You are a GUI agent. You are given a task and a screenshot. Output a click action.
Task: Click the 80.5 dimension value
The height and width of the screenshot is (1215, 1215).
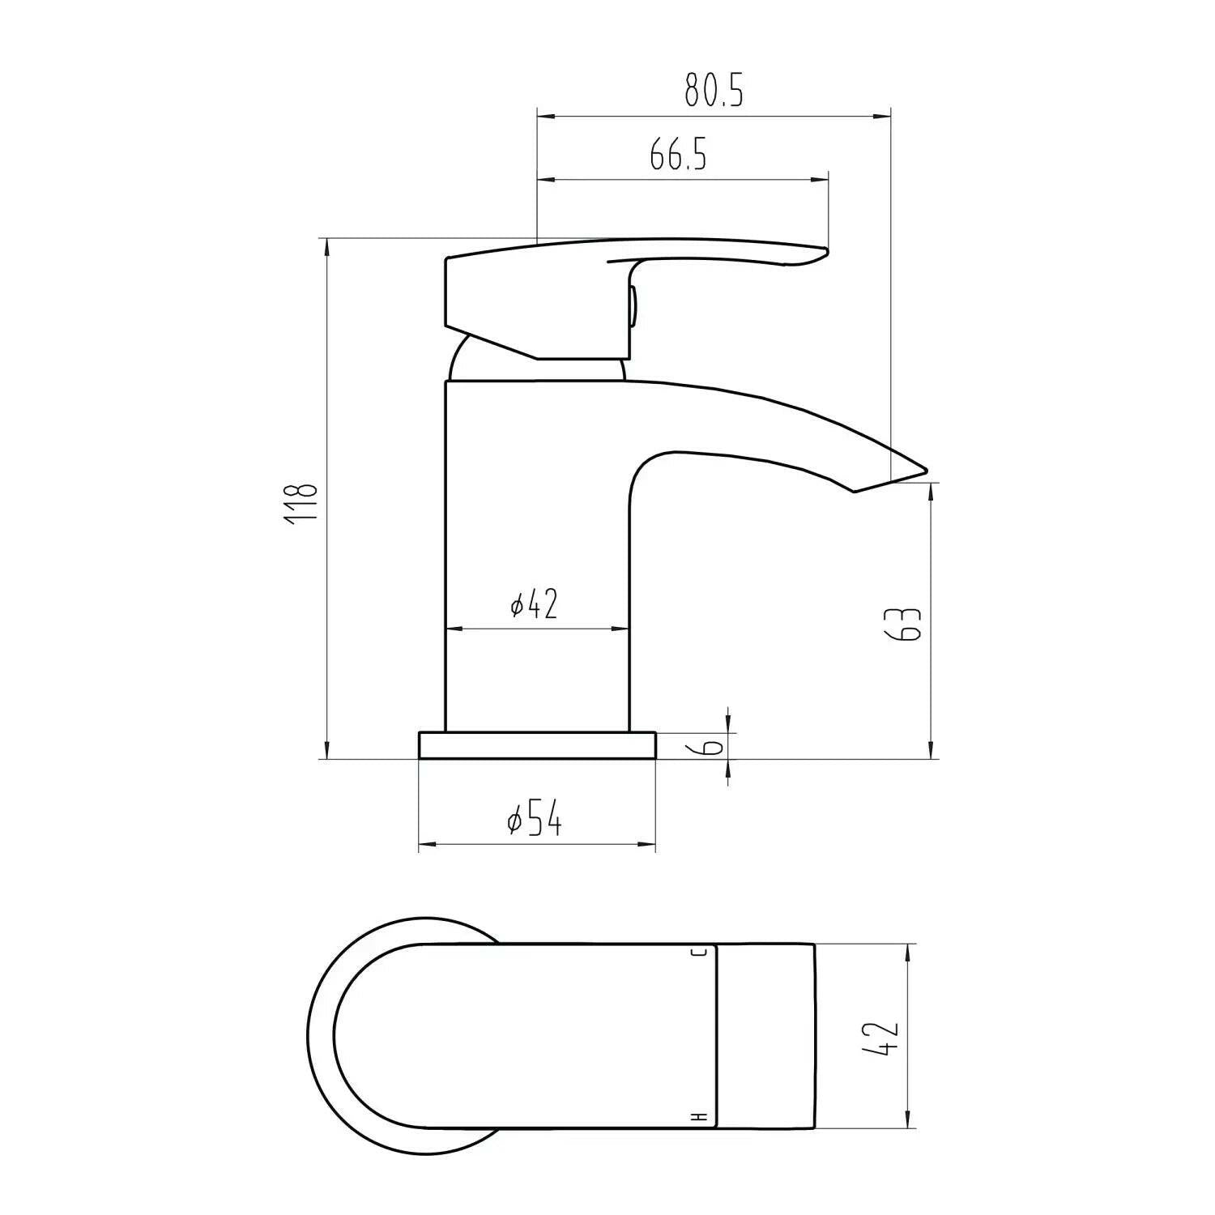[x=714, y=90]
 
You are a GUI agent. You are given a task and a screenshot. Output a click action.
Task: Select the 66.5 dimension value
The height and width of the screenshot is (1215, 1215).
[x=678, y=154]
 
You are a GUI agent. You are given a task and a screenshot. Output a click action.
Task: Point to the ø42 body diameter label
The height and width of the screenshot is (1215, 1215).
[x=535, y=604]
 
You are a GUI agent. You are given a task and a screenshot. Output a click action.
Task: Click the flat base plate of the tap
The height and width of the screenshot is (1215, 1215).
[x=537, y=746]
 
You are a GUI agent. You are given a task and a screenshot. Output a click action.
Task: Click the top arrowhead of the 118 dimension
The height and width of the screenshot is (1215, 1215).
[x=326, y=247]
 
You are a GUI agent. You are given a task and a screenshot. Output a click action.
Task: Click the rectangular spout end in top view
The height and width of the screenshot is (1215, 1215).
[x=765, y=1036]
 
